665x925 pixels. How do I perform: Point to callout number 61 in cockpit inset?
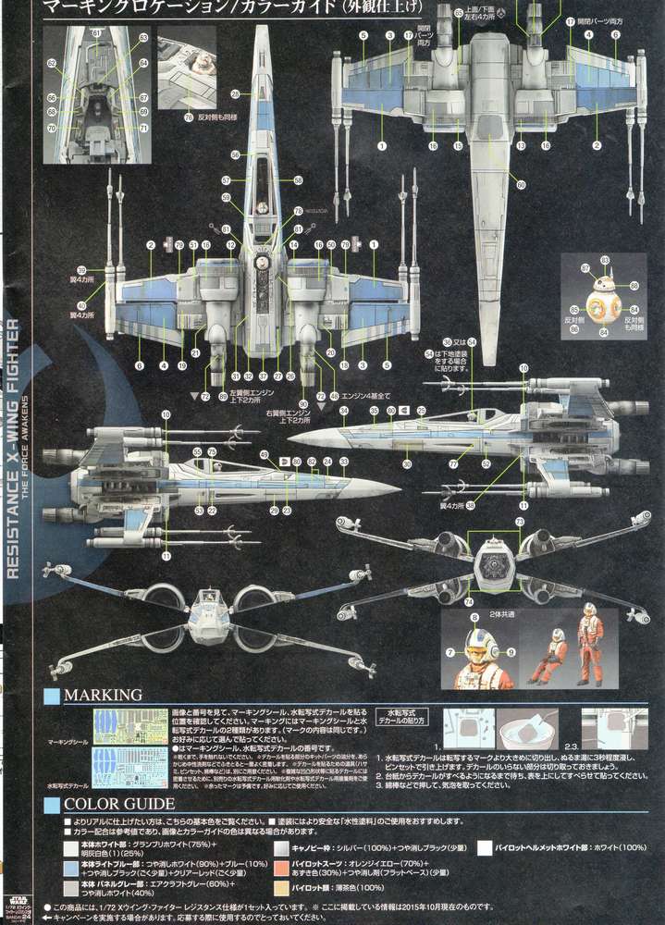[x=95, y=32]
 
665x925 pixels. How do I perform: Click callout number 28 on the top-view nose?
[x=236, y=93]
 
